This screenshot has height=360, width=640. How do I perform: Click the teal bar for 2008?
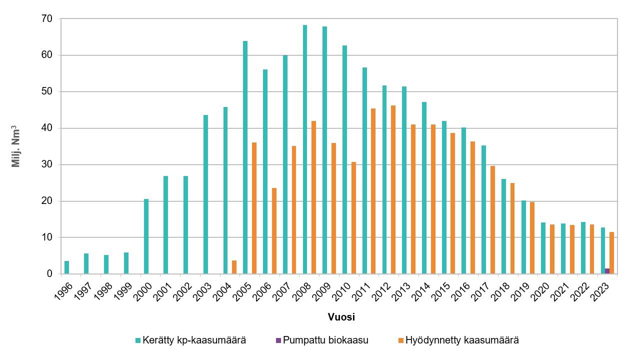(305, 149)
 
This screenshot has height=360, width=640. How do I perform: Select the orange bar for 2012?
(393, 189)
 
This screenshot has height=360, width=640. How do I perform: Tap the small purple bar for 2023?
(607, 271)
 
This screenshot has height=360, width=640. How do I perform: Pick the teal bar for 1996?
(67, 267)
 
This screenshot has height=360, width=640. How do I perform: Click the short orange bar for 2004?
(234, 267)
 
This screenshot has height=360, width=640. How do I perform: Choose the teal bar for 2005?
(245, 157)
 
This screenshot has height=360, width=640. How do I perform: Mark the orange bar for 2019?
(532, 238)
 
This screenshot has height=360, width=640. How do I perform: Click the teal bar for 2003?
(206, 194)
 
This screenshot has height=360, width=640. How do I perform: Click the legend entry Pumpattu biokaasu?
(322, 340)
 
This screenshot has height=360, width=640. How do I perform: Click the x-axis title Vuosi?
(341, 317)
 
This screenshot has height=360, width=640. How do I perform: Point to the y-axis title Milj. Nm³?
(16, 146)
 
